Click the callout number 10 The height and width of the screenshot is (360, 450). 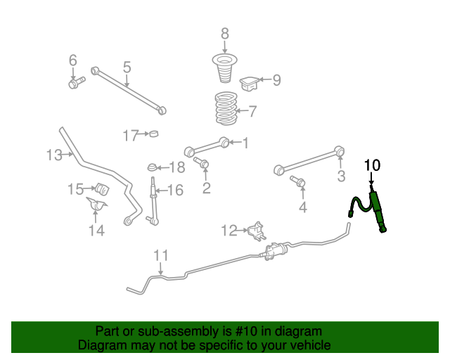pyautogui.click(x=372, y=166)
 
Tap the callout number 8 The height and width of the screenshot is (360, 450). pyautogui.click(x=225, y=33)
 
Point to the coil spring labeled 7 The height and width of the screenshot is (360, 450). pyautogui.click(x=224, y=109)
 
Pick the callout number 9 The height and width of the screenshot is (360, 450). pyautogui.click(x=276, y=81)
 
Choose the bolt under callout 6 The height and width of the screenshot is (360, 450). pyautogui.click(x=75, y=84)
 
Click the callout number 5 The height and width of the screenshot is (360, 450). pyautogui.click(x=127, y=67)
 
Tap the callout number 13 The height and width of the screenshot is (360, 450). pyautogui.click(x=54, y=154)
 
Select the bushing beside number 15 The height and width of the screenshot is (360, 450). pyautogui.click(x=100, y=188)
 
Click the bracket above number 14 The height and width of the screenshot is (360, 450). pyautogui.click(x=97, y=207)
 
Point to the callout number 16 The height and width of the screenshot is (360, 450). pyautogui.click(x=175, y=190)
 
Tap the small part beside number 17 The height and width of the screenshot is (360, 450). pyautogui.click(x=154, y=134)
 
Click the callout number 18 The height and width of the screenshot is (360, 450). pyautogui.click(x=176, y=167)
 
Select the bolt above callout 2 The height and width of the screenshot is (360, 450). pyautogui.click(x=202, y=165)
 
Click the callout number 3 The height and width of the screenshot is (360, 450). pyautogui.click(x=341, y=176)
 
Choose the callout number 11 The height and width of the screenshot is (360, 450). pyautogui.click(x=161, y=255)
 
